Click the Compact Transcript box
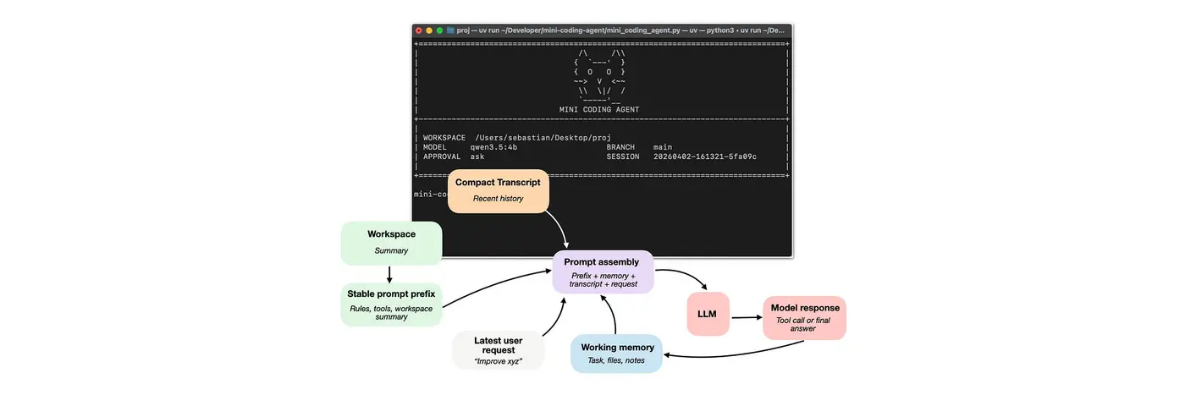coord(498,190)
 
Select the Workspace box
coord(391,242)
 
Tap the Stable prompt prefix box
coord(391,305)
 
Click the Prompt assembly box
coord(603,272)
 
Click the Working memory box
coord(616,354)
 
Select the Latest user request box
coord(499,350)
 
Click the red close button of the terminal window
coord(418,30)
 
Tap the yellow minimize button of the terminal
coord(429,30)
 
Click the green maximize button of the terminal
coord(440,30)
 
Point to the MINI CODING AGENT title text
coord(599,110)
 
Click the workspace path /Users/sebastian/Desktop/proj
coord(542,137)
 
